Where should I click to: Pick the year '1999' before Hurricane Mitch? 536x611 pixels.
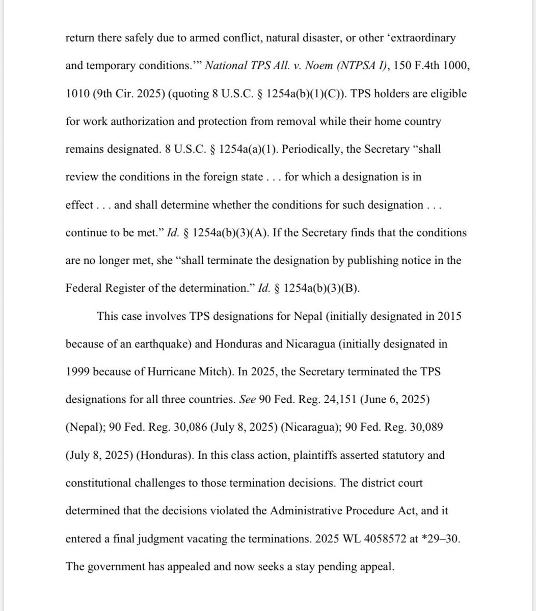point(78,372)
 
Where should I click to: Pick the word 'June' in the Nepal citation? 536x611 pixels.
point(378,400)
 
